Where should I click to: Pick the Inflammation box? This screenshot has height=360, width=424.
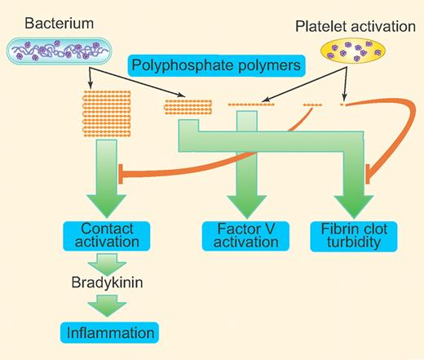[107, 333]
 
